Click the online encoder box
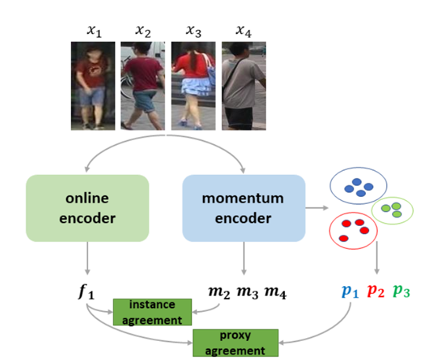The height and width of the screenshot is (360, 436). pyautogui.click(x=87, y=208)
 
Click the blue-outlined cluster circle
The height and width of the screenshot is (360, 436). pyautogui.click(x=358, y=187)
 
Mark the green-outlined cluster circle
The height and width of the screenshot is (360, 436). pyautogui.click(x=396, y=209)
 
